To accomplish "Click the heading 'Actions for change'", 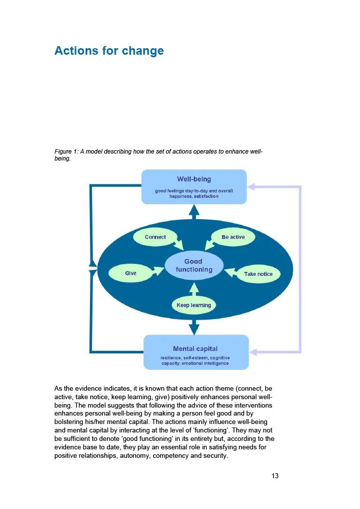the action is tap(109, 51).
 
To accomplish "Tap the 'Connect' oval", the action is tap(155, 237).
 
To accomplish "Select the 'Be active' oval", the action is tap(233, 237).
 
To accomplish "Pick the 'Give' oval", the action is tap(130, 273).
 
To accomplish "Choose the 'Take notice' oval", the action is tap(258, 274).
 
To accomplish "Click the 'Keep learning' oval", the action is tap(194, 305).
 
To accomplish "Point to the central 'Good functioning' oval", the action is tap(194, 265).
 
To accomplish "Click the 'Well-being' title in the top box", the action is tap(194, 179).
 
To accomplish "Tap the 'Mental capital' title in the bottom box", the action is tap(195, 348).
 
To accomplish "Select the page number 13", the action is tap(275, 476).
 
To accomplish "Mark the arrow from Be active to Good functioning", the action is tap(210, 245).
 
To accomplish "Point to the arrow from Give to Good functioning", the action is tap(158, 271).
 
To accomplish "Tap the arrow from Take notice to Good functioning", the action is tap(231, 272).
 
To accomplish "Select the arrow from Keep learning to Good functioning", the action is tap(194, 289).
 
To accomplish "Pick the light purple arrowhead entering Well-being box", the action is tap(251, 186).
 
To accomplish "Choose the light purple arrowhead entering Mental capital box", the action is tap(253, 352).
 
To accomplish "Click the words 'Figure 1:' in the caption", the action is tap(66, 152).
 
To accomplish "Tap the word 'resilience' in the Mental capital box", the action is tap(171, 358).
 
